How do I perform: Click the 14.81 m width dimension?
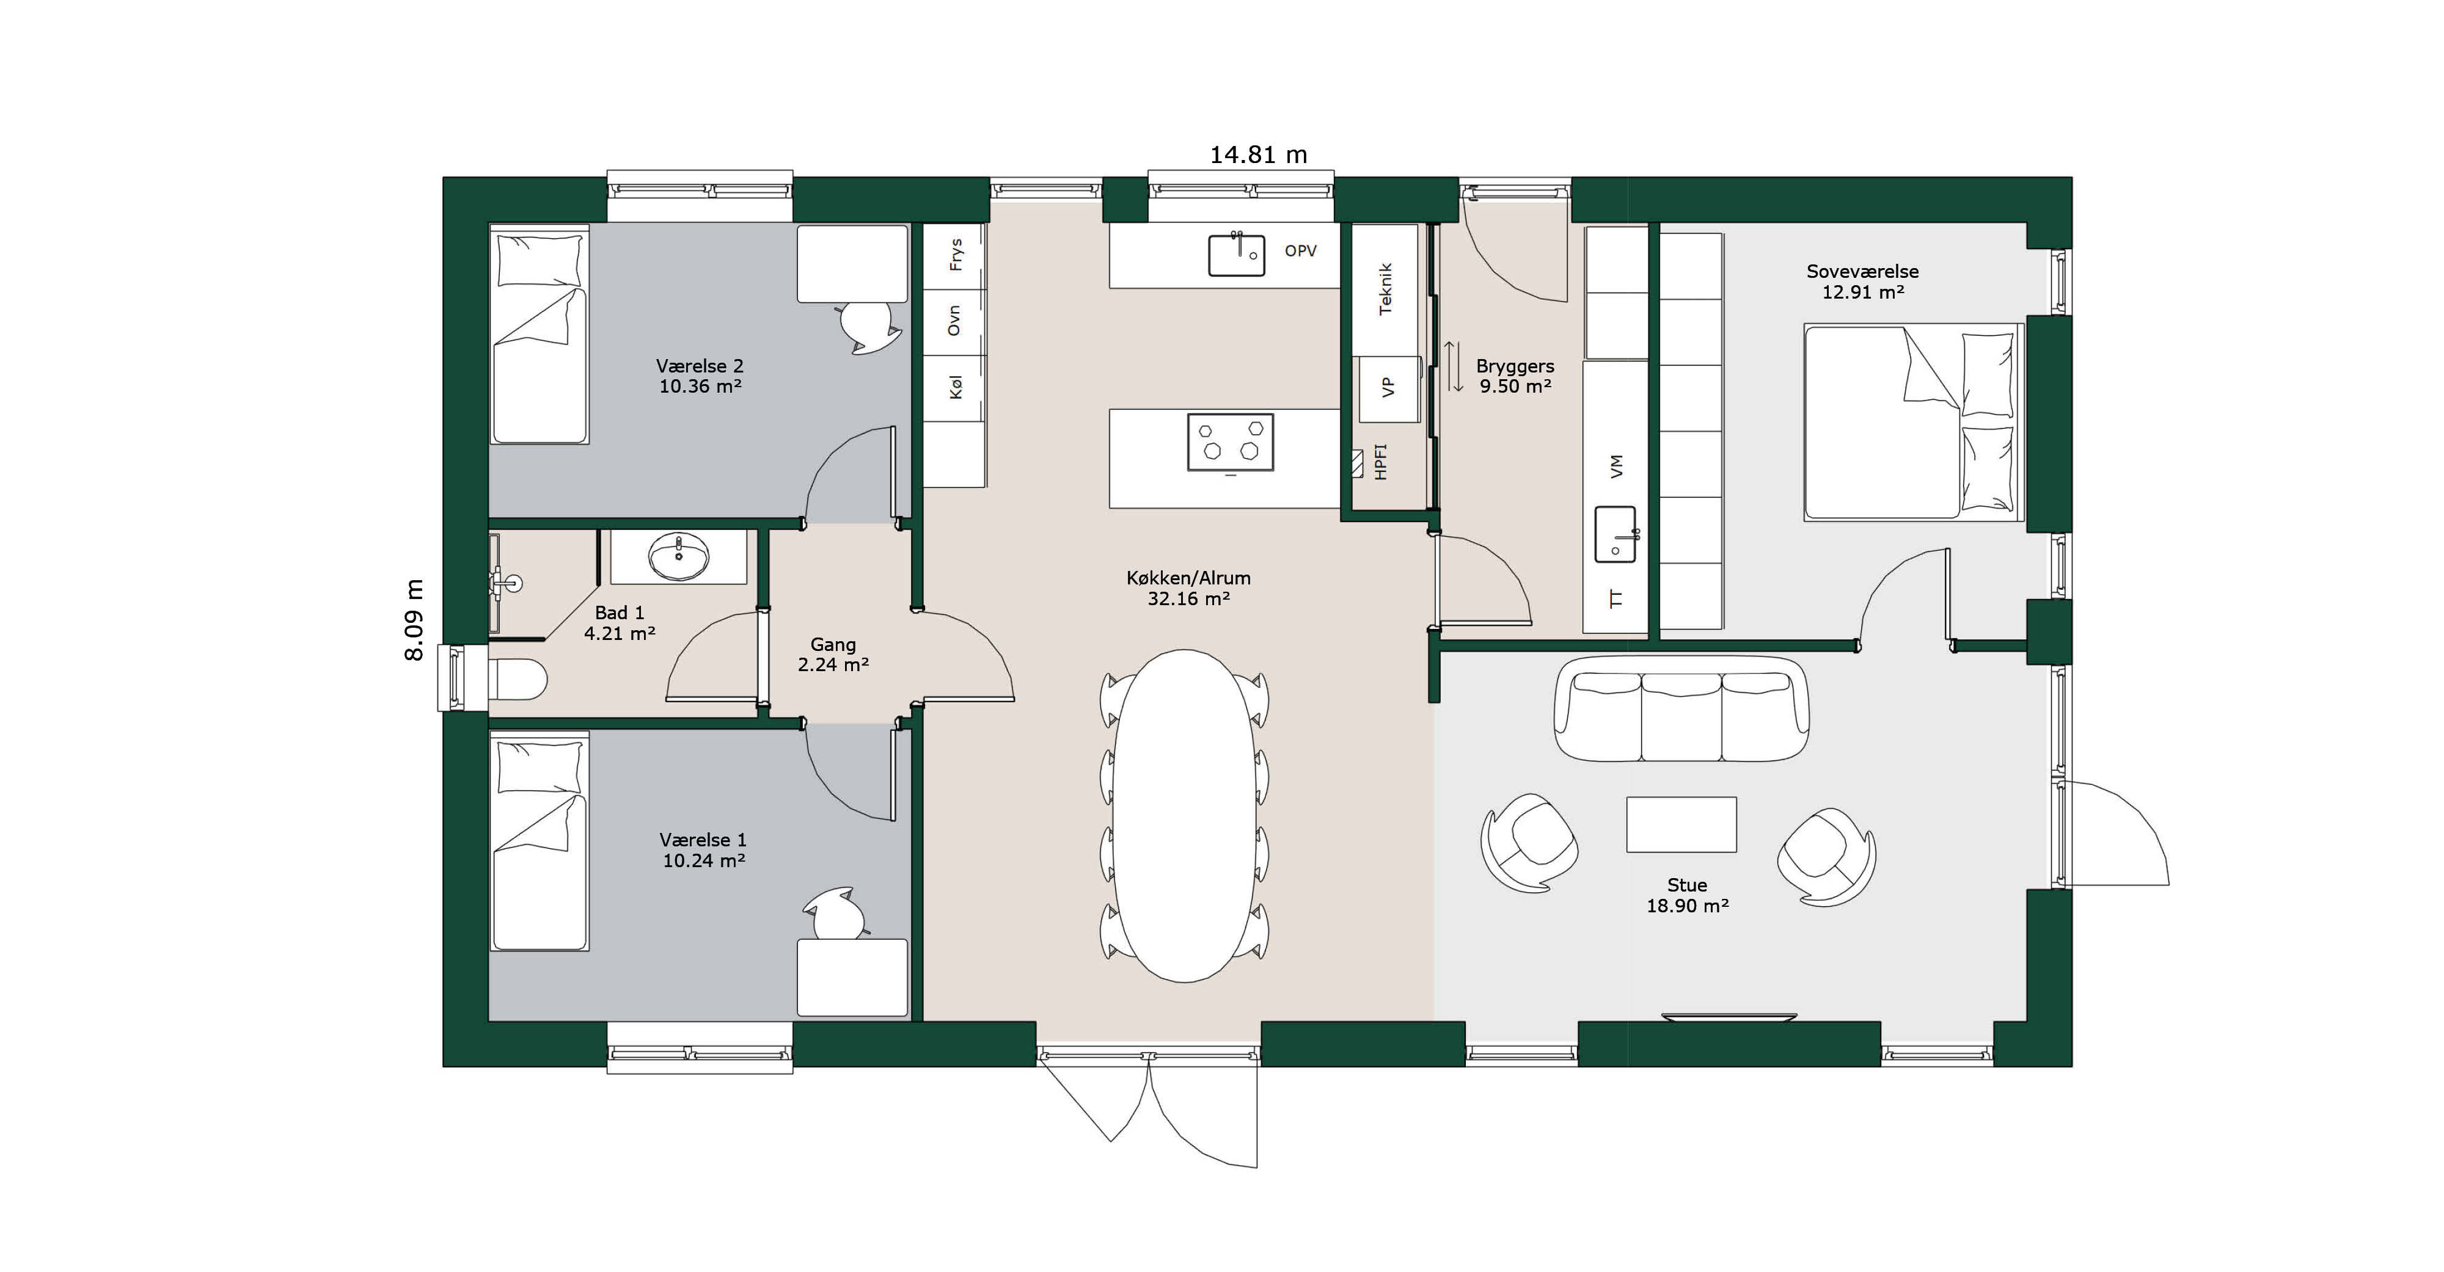1258,154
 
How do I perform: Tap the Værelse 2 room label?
700,376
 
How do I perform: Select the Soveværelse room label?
1862,282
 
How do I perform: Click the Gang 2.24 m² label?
833,655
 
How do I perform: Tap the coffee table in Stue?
1681,824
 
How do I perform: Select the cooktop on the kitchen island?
1231,442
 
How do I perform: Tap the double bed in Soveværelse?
1912,422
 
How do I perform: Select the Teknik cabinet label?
1385,289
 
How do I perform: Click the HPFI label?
1380,462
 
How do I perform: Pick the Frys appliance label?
956,254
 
